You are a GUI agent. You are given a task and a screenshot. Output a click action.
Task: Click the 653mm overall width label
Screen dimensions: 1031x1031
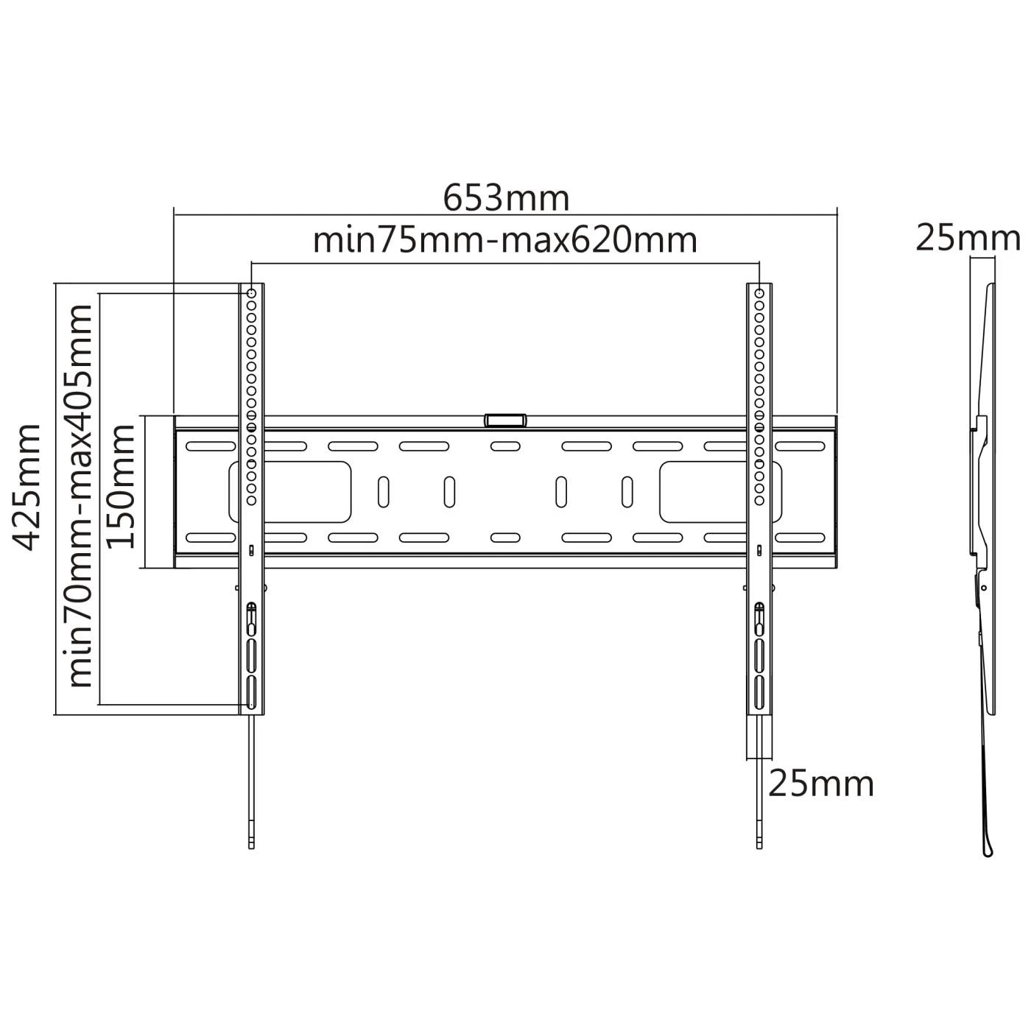506,198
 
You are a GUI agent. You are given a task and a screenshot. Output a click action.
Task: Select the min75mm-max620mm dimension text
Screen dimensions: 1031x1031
505,240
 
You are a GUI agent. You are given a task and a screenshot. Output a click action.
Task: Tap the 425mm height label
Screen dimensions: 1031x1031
28,487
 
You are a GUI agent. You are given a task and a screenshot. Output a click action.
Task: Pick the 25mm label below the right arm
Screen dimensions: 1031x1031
821,784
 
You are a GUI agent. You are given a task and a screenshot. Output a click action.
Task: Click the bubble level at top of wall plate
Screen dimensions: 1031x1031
505,420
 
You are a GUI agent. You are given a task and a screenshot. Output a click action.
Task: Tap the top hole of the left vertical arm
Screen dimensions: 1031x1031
251,293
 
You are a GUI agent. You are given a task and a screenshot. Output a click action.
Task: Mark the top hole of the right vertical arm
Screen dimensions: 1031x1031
759,293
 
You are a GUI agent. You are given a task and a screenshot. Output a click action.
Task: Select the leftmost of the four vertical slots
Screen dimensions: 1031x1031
383,491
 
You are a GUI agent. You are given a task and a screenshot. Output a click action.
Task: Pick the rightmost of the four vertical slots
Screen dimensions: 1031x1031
627,491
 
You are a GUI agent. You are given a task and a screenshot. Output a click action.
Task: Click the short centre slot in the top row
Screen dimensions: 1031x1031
505,446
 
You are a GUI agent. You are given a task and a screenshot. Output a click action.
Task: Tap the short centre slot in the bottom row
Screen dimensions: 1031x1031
505,538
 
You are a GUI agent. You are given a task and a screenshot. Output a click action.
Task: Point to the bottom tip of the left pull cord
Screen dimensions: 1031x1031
251,845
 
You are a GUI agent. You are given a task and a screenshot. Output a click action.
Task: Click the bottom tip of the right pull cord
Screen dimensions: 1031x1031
759,845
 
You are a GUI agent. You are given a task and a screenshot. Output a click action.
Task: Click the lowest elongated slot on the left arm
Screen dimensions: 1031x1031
251,692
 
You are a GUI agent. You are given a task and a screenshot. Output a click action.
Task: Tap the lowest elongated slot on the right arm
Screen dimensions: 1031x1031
759,692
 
